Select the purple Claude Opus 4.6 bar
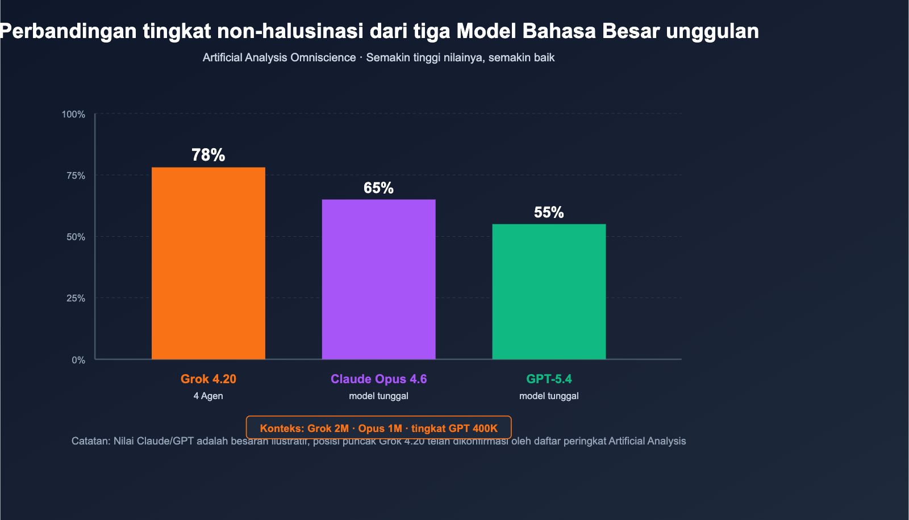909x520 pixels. pyautogui.click(x=378, y=279)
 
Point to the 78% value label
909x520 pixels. pyautogui.click(x=208, y=155)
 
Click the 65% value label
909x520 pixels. pyautogui.click(x=378, y=188)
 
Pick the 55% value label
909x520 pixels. pyautogui.click(x=549, y=212)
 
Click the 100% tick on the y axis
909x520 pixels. pyautogui.click(x=73, y=114)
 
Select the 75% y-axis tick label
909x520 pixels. pyautogui.click(x=76, y=175)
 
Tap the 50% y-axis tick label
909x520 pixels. pyautogui.click(x=76, y=237)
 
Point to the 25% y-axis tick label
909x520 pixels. pyautogui.click(x=76, y=298)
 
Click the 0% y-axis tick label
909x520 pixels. pyautogui.click(x=78, y=360)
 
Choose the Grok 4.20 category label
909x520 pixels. pyautogui.click(x=208, y=379)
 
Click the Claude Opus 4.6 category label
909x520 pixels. pyautogui.click(x=378, y=379)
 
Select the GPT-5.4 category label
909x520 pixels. pyautogui.click(x=549, y=379)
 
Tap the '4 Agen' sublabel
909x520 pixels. pyautogui.click(x=208, y=396)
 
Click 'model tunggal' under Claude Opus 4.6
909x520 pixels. pyautogui.click(x=378, y=396)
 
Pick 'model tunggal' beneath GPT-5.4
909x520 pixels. pyautogui.click(x=549, y=396)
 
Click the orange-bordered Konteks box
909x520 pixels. pyautogui.click(x=378, y=427)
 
